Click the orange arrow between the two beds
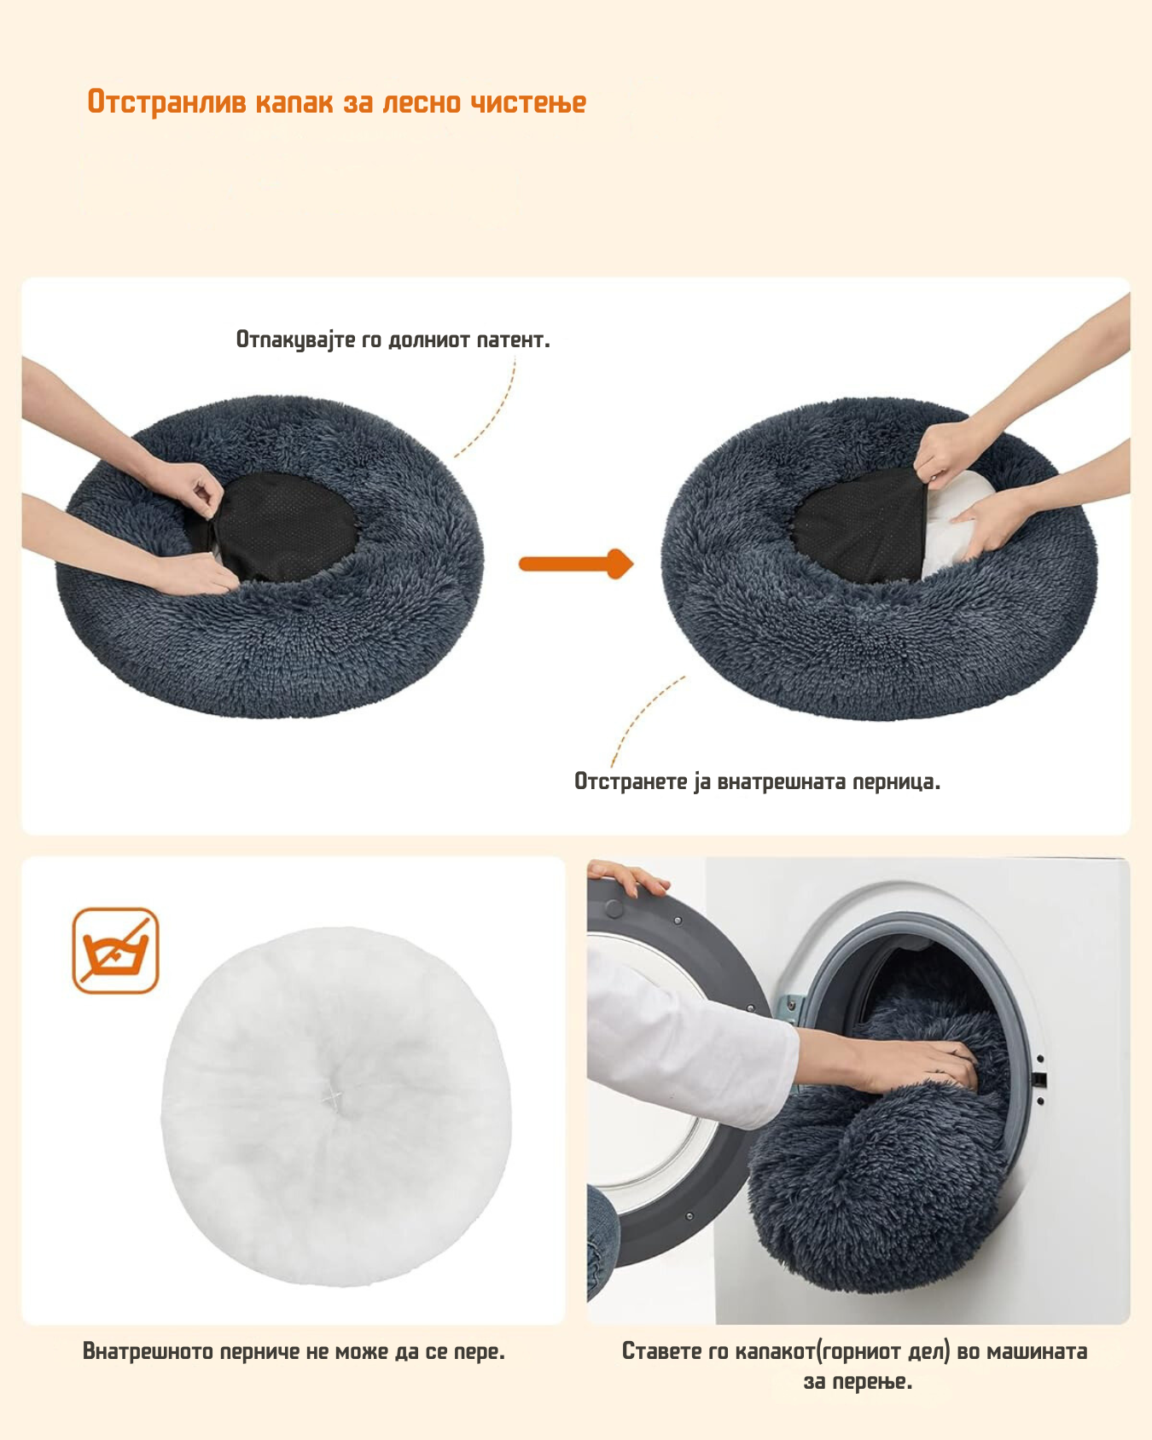576,564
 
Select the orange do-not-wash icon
116,950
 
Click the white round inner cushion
336,1106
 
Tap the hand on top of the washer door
627,877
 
